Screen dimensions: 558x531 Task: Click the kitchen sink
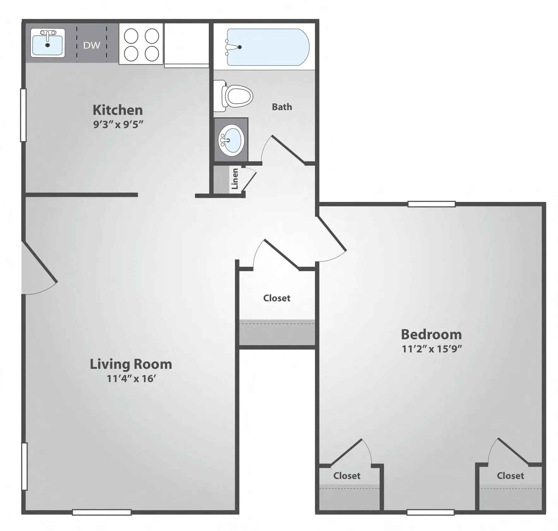click(48, 43)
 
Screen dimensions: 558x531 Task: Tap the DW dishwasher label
click(92, 45)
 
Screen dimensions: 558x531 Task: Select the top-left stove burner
click(131, 36)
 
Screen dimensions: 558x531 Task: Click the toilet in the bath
click(233, 96)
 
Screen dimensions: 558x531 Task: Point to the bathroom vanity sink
click(231, 140)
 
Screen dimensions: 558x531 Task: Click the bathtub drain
click(240, 47)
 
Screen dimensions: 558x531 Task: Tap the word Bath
click(282, 107)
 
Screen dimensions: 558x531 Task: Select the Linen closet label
click(235, 179)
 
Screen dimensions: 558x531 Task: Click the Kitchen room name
click(118, 110)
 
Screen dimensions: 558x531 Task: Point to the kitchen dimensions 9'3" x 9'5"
click(118, 124)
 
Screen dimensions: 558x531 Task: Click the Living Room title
click(131, 364)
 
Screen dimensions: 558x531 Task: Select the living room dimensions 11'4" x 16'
click(131, 378)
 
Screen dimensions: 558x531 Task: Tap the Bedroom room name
click(431, 334)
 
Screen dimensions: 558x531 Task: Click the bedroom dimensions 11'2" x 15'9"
click(432, 349)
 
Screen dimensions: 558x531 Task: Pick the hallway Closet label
click(277, 298)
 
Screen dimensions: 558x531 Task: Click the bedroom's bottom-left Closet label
click(347, 476)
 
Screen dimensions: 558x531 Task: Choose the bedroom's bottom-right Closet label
click(510, 476)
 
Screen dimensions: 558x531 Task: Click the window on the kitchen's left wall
click(23, 115)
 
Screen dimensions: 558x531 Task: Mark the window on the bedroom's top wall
click(431, 204)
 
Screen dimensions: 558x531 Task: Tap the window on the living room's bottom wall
click(102, 512)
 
